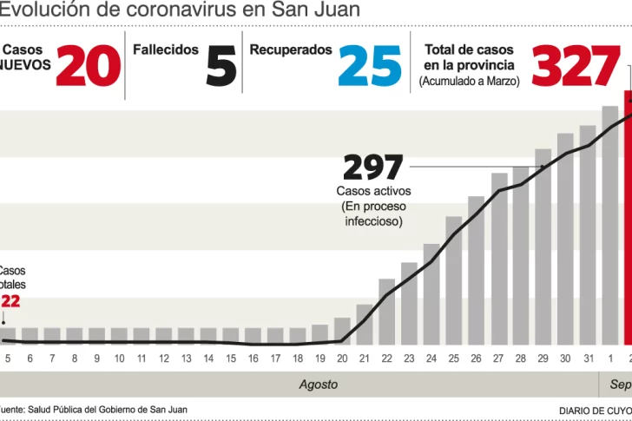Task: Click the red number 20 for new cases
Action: tap(89, 66)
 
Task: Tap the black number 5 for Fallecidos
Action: tap(221, 66)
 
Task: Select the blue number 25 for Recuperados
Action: tap(370, 66)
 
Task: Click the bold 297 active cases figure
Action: tap(373, 167)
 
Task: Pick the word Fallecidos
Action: tap(166, 50)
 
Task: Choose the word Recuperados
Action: tap(291, 50)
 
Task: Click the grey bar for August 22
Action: tap(387, 311)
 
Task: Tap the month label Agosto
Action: tap(319, 384)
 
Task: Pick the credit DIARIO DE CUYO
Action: tap(596, 410)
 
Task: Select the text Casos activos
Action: tap(373, 191)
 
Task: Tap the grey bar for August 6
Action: tap(30, 335)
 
